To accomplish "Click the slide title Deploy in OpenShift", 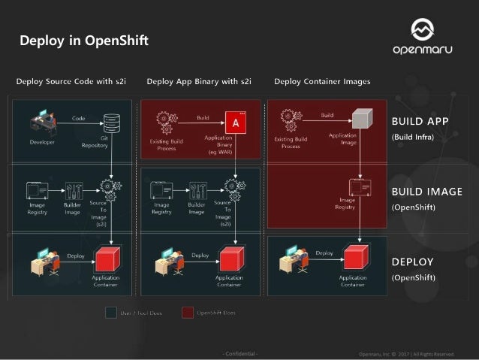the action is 84,41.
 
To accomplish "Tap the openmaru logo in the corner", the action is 422,35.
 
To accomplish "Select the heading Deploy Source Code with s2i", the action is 71,81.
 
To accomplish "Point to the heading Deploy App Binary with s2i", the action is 199,81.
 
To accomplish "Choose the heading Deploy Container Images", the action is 322,81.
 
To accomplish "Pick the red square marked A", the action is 236,123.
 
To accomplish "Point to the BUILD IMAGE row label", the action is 427,192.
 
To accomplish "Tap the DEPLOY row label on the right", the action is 413,262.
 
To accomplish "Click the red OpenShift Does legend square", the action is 186,312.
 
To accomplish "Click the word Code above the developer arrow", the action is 78,118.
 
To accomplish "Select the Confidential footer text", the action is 239,353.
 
